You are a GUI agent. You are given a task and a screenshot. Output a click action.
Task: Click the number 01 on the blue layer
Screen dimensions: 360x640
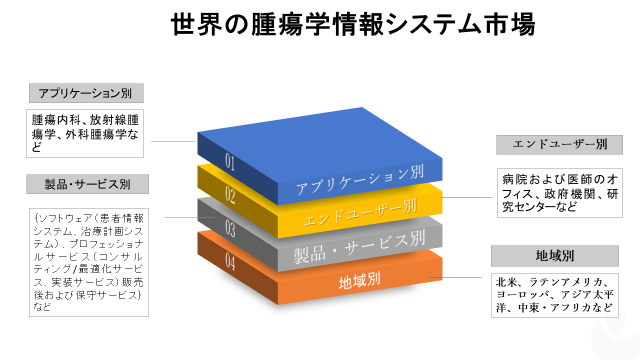pos(231,160)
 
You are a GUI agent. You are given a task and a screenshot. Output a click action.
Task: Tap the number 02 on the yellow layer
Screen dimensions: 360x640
pos(231,194)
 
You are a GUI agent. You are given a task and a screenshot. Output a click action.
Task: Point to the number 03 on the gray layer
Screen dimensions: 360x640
pos(231,229)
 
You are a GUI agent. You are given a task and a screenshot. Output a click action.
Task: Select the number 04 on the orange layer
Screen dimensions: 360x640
pos(231,263)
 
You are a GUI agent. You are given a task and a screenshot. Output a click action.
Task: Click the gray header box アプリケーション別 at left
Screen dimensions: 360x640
pos(85,93)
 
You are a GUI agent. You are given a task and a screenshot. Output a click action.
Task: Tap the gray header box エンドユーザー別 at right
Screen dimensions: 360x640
pos(552,144)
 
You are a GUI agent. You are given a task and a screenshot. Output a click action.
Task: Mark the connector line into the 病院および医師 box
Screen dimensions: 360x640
pos(470,197)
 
